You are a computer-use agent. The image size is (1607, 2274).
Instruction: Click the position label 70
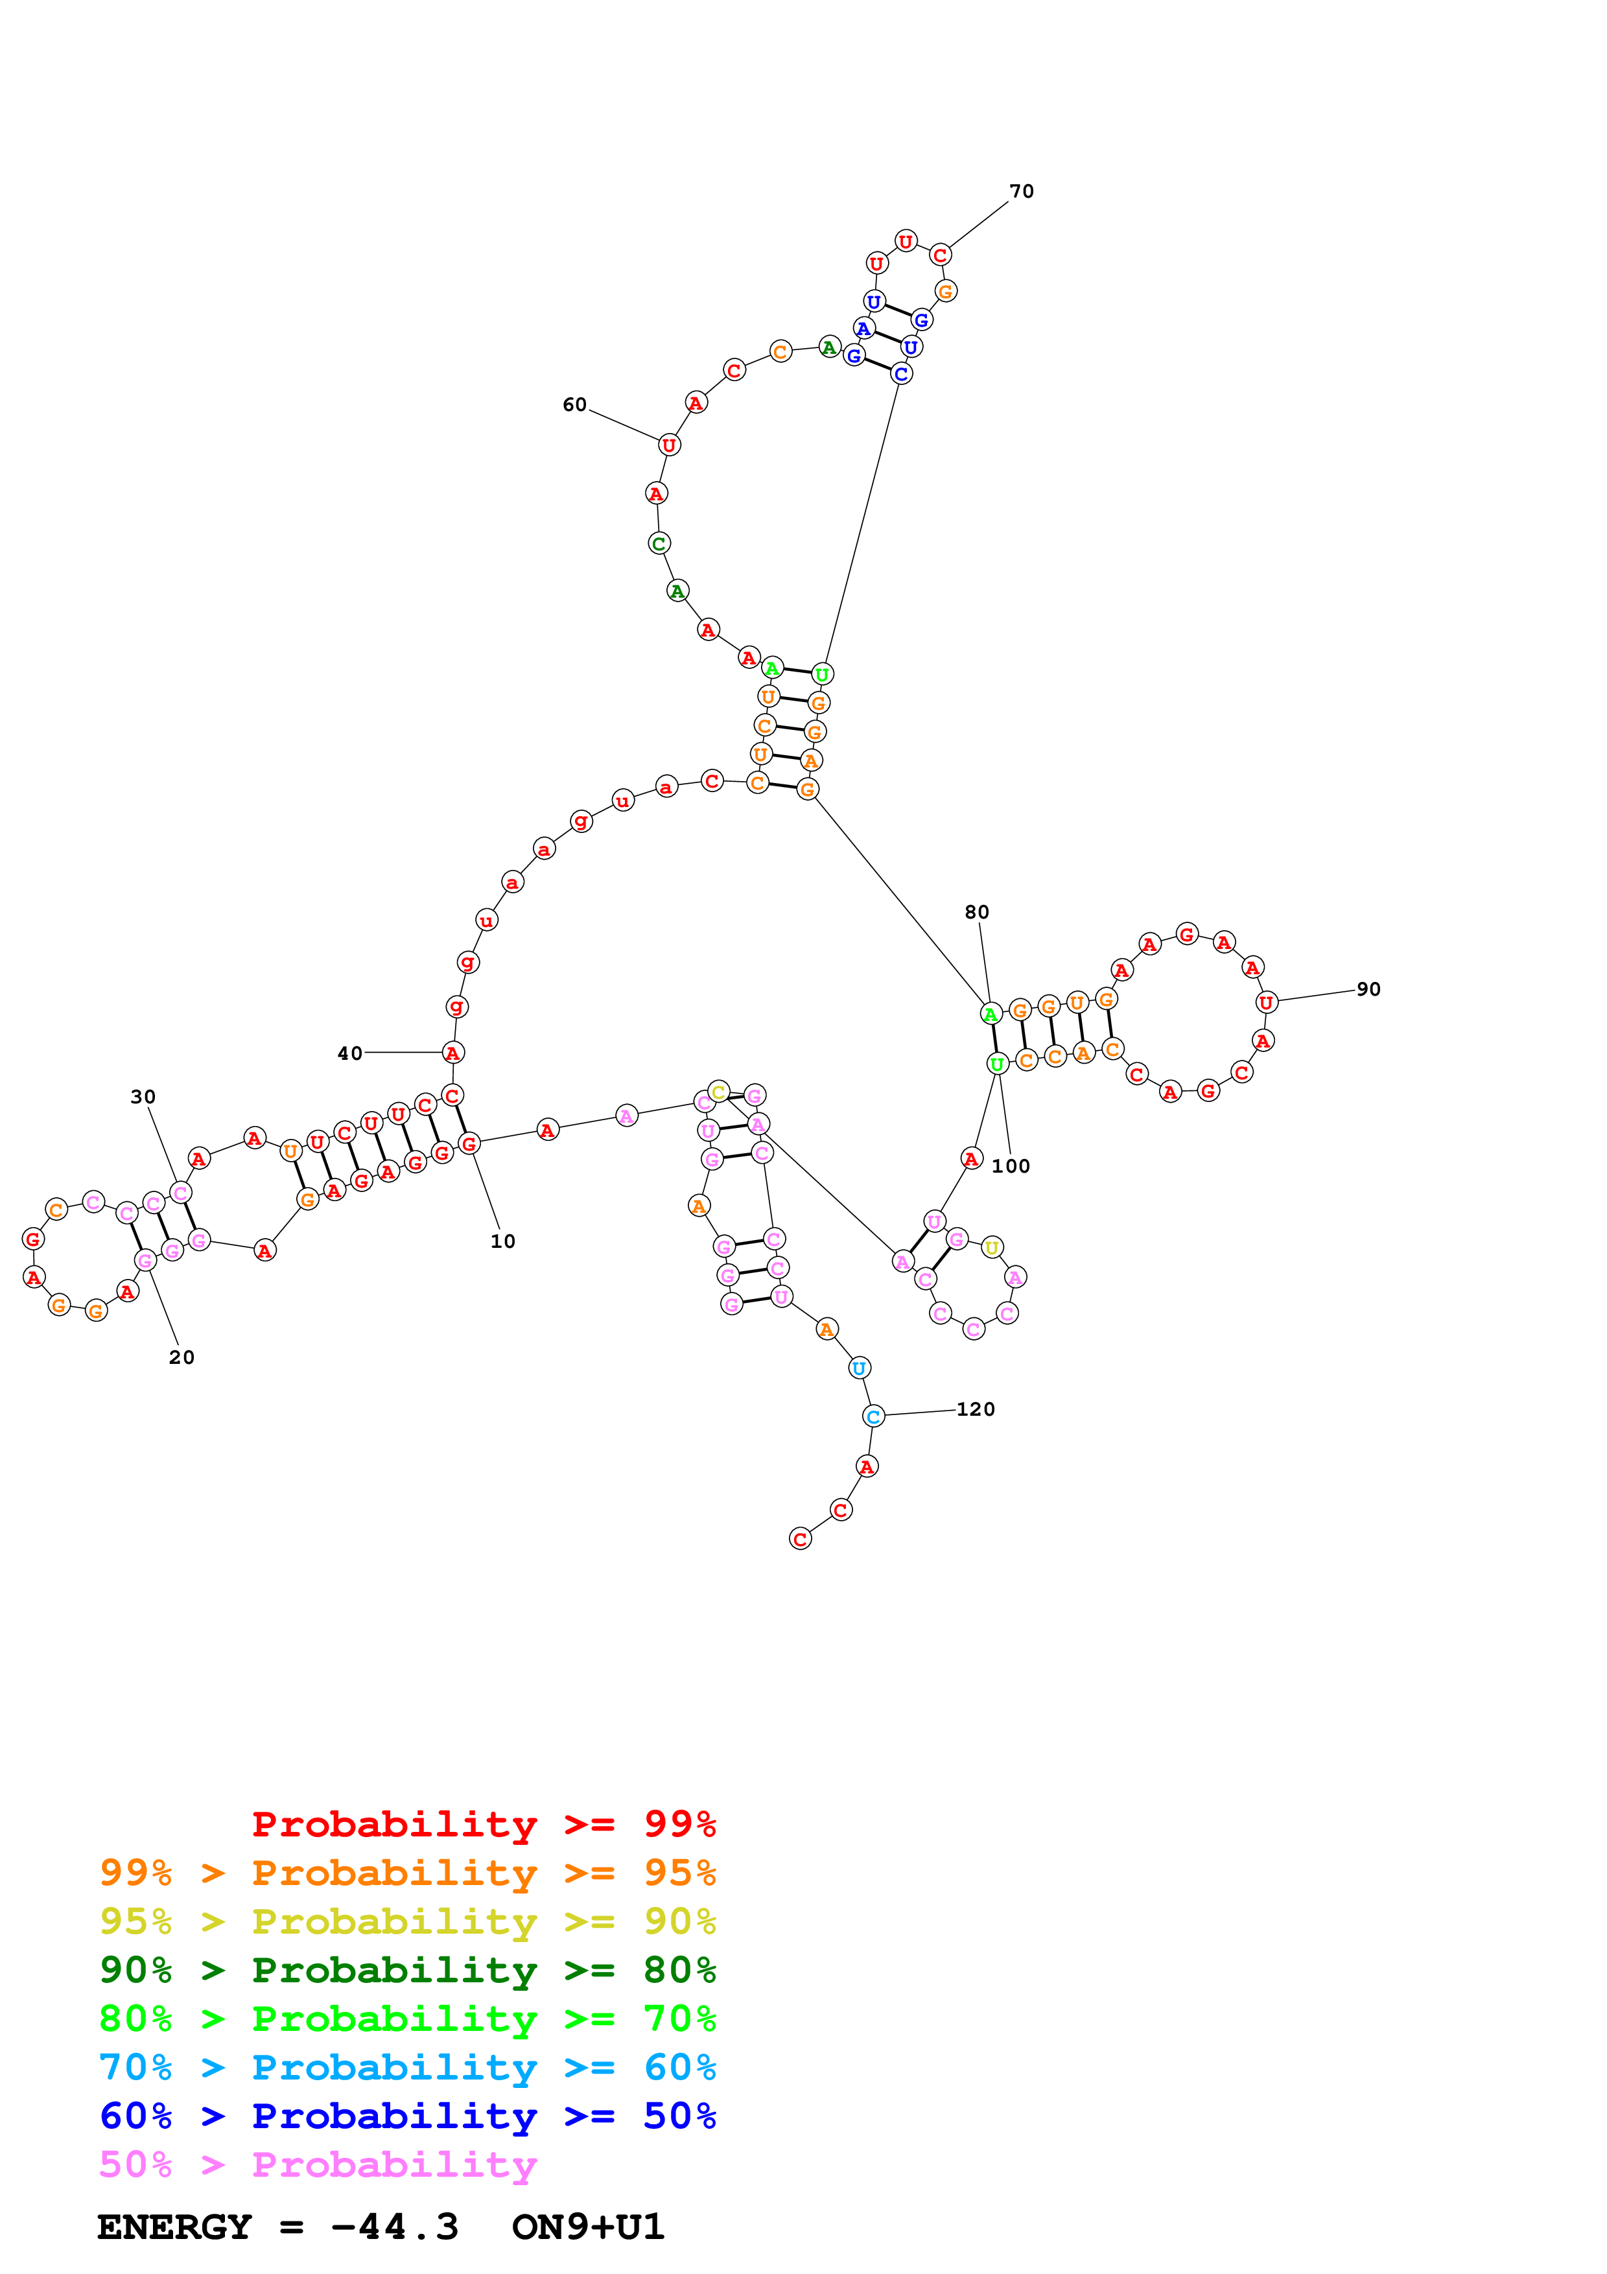coord(1021,191)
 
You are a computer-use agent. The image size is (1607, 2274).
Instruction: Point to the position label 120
coord(976,1409)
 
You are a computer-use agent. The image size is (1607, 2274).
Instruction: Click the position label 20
coord(182,1357)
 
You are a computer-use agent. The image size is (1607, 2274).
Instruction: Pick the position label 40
coord(349,1053)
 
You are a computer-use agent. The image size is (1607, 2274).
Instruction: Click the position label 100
coord(1010,1166)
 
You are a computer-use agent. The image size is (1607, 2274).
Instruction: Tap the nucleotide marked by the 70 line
coord(940,255)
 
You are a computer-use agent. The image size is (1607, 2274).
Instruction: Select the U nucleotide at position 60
coord(670,445)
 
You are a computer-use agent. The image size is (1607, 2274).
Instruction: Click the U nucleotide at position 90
coord(1265,1002)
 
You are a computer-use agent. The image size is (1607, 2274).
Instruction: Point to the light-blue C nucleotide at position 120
coord(873,1416)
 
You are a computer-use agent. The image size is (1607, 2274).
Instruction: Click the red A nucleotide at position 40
coord(452,1053)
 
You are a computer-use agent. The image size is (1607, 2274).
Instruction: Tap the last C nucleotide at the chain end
coord(800,1539)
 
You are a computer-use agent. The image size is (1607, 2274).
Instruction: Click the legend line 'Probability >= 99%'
coord(483,1824)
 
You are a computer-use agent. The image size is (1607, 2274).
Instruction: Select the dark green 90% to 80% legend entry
coord(407,1970)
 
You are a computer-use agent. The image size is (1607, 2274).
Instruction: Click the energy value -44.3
coord(394,2227)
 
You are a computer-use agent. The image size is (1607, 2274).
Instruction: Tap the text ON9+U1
coord(587,2227)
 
